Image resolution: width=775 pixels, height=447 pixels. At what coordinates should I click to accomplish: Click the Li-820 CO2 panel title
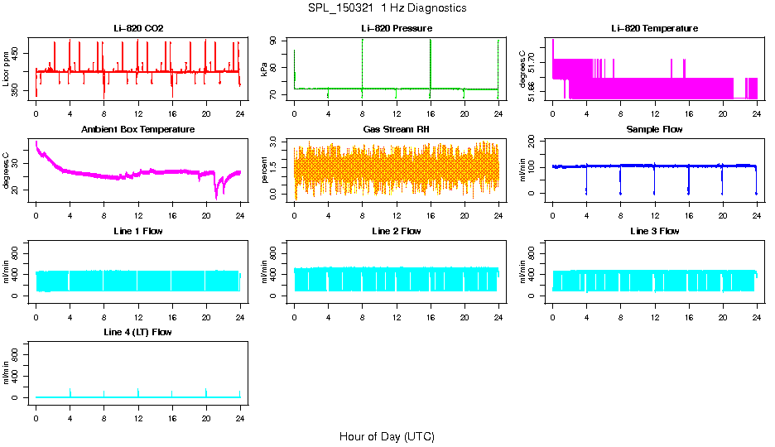(138, 29)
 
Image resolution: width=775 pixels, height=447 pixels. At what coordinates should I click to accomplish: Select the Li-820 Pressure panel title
(396, 29)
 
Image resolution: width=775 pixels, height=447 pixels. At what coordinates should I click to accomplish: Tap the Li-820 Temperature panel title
(654, 29)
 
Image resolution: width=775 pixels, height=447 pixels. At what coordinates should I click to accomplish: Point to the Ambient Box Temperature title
(138, 130)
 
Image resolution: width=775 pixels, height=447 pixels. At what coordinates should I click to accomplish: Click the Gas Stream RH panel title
(396, 130)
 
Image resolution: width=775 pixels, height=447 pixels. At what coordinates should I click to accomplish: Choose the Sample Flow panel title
(654, 130)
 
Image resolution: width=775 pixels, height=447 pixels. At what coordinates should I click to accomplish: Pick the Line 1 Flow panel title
(138, 231)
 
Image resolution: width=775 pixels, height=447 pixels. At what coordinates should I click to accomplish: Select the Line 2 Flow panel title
(396, 231)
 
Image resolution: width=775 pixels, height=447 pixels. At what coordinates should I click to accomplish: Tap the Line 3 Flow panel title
(654, 231)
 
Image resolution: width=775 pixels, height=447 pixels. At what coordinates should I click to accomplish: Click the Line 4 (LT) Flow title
(138, 332)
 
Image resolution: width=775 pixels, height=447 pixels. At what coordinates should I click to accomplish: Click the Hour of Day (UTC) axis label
(387, 436)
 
